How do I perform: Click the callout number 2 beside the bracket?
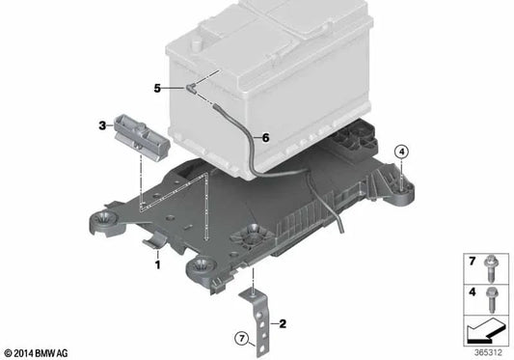(283, 322)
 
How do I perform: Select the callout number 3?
(101, 125)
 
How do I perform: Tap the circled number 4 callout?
(401, 151)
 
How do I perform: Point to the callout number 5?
(157, 87)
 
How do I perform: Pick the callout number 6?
(266, 137)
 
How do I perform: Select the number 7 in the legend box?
(473, 263)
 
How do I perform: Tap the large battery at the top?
(270, 68)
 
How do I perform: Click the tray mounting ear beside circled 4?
(402, 189)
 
